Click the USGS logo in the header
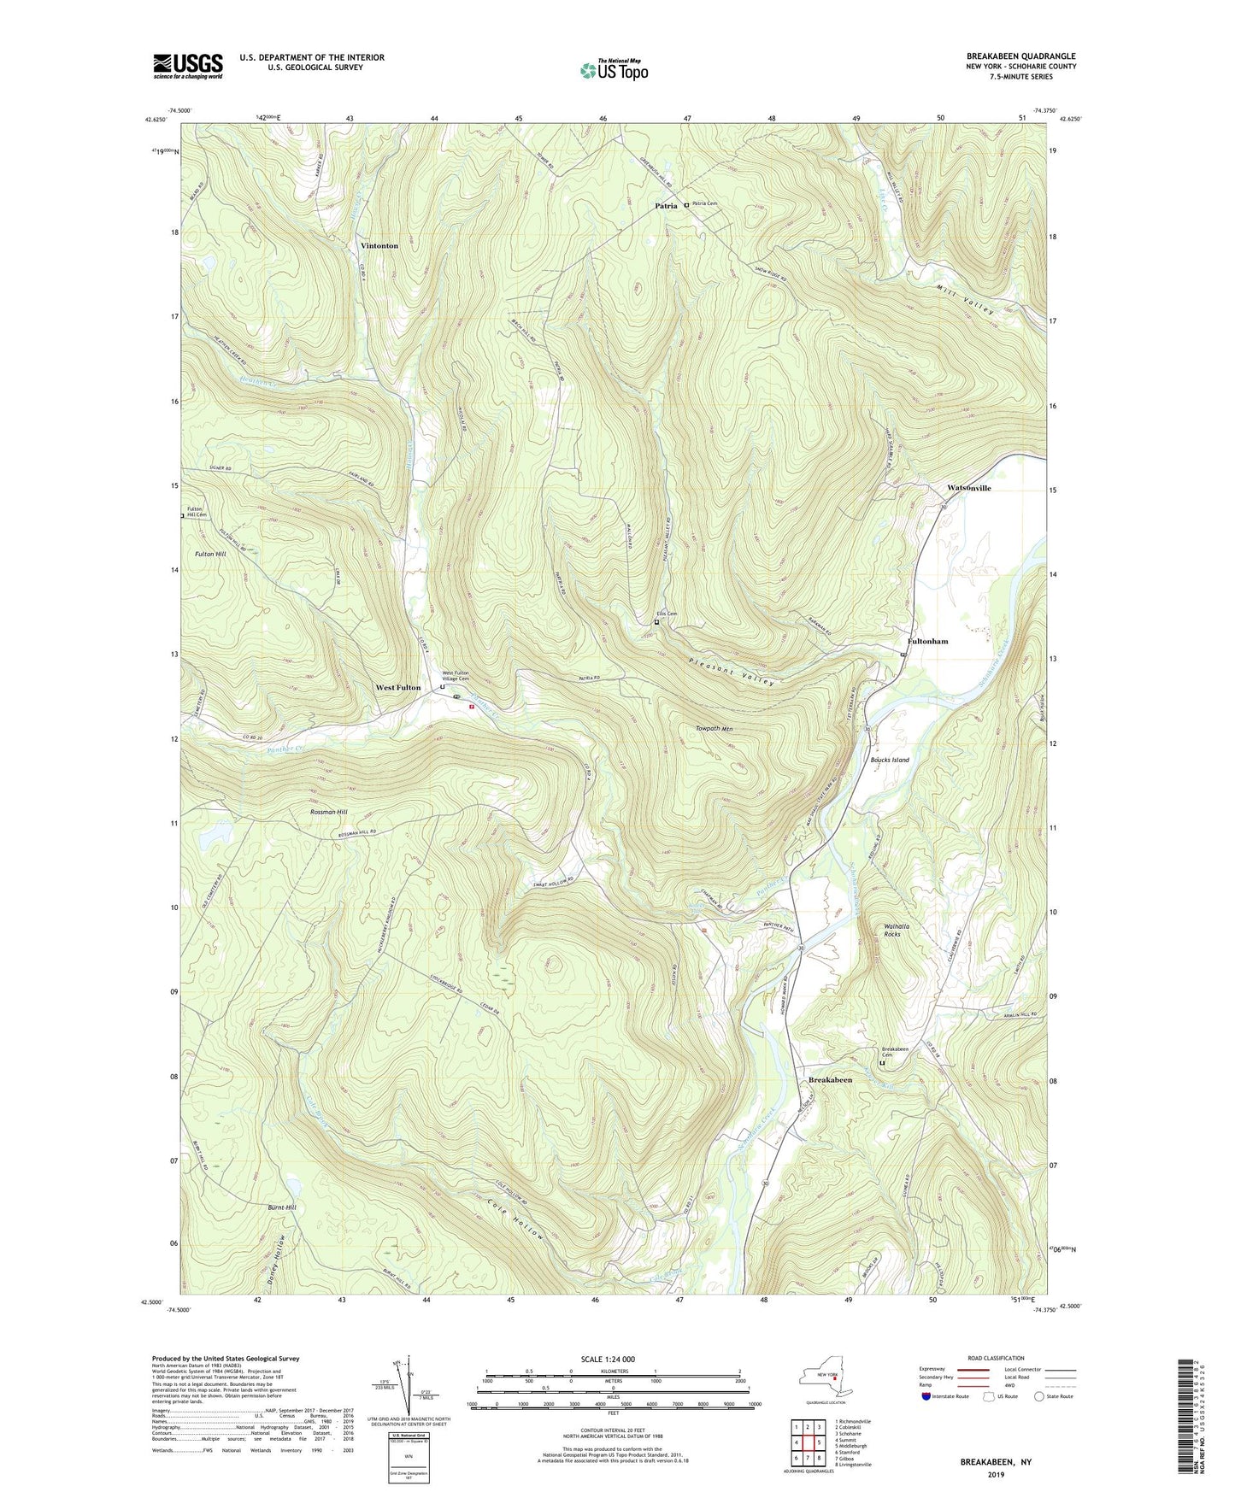pyautogui.click(x=188, y=65)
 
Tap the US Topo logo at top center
pyautogui.click(x=614, y=70)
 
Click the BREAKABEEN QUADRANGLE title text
pyautogui.click(x=1014, y=56)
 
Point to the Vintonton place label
pyautogui.click(x=379, y=246)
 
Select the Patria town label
pyautogui.click(x=666, y=206)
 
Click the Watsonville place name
pyautogui.click(x=968, y=488)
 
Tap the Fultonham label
pyautogui.click(x=927, y=641)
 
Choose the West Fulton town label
pyautogui.click(x=398, y=688)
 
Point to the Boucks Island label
pyautogui.click(x=889, y=760)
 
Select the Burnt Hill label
pyautogui.click(x=282, y=1207)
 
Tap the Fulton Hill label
pyautogui.click(x=210, y=555)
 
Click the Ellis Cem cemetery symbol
pyautogui.click(x=656, y=623)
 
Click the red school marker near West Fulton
pyautogui.click(x=471, y=707)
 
